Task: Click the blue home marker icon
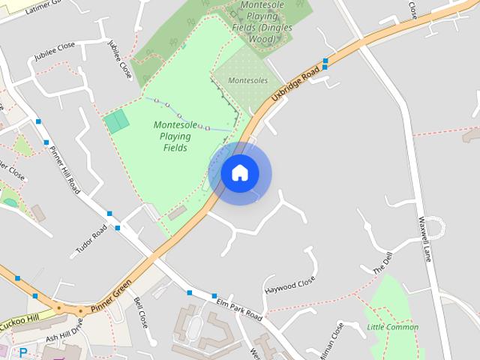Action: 240,173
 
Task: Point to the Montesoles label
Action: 247,80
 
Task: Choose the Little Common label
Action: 392,327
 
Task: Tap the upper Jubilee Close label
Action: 55,52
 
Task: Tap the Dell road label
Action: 382,263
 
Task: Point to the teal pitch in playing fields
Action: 116,121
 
